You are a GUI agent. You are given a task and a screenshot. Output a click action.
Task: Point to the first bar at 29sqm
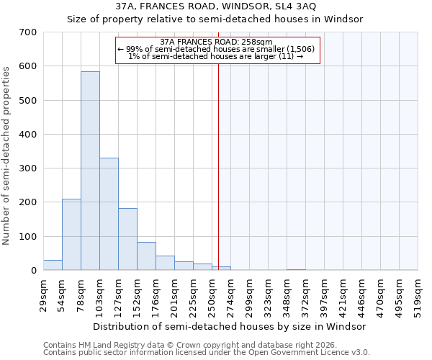tap(53, 265)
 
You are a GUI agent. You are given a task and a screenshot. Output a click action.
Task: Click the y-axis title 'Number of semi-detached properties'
tap(7, 156)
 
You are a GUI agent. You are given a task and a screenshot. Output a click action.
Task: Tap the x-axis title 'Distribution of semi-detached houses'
tap(230, 326)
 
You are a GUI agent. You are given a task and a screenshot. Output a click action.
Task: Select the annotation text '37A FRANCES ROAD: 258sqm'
tap(216, 42)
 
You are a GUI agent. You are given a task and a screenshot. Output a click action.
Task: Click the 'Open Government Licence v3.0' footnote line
tap(207, 352)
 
